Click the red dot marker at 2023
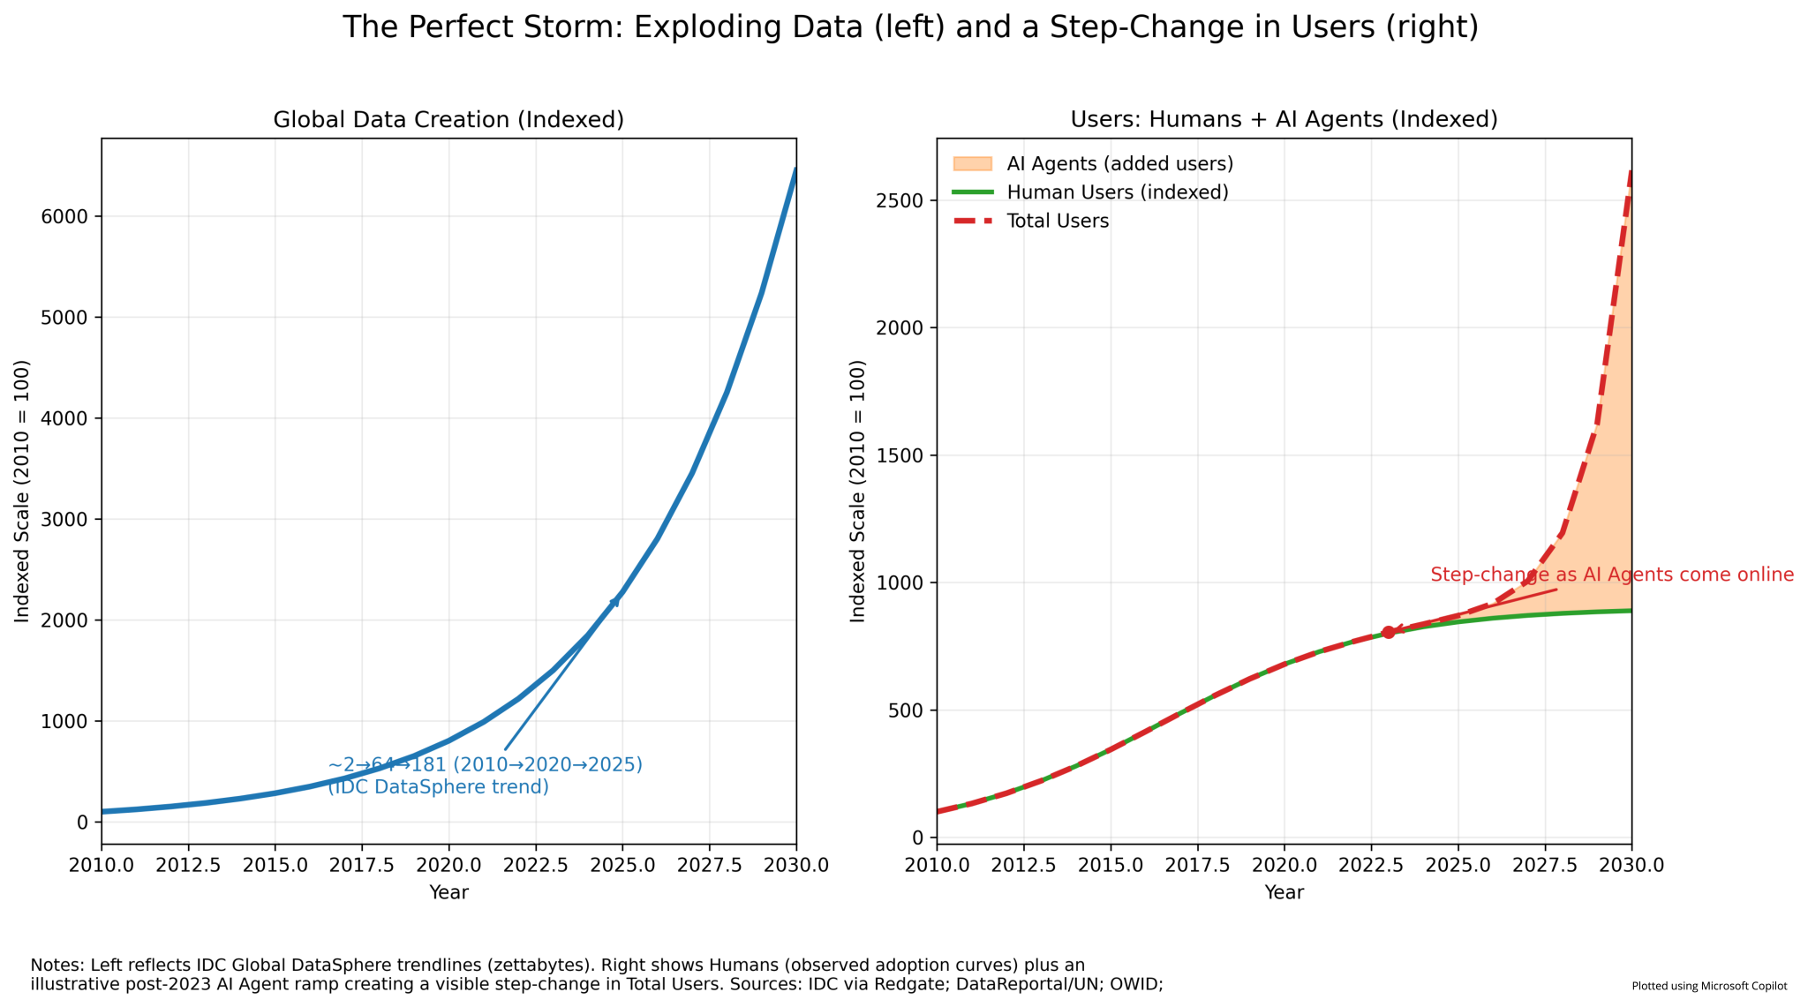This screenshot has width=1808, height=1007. click(1388, 632)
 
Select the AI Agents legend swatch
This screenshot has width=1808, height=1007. click(973, 164)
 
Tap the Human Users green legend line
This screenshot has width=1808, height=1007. click(973, 192)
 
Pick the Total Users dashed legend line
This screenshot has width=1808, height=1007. click(973, 221)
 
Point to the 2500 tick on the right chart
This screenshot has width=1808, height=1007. click(901, 201)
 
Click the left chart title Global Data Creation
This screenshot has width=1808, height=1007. click(448, 120)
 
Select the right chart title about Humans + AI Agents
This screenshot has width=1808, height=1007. click(1284, 120)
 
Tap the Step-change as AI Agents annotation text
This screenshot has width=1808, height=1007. click(1612, 575)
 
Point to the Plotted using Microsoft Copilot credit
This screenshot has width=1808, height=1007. click(1709, 986)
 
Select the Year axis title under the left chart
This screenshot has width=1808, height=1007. click(448, 892)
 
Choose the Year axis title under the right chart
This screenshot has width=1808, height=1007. click(1284, 892)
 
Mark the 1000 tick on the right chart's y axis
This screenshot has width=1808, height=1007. click(901, 583)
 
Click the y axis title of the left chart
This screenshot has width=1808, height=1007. click(22, 491)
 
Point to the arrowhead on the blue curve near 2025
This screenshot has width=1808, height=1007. click(614, 602)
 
